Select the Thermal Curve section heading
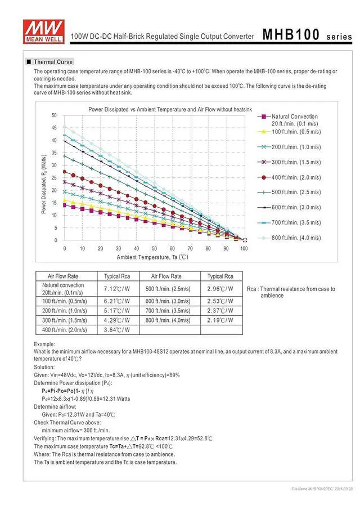click(x=53, y=62)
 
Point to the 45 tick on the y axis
click(x=53, y=128)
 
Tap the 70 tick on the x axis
click(x=190, y=248)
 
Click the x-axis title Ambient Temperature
click(x=152, y=257)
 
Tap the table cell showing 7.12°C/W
click(x=117, y=288)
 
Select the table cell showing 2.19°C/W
click(x=220, y=320)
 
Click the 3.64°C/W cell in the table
click(x=117, y=330)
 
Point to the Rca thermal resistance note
click(x=291, y=292)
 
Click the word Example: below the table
click(x=44, y=344)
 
